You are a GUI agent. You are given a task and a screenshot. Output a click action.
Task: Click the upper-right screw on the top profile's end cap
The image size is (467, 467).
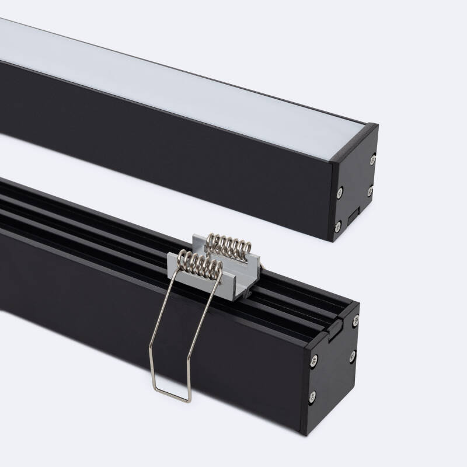point(372,156)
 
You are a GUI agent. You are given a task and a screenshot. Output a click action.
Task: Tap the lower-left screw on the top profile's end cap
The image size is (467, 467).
point(337,224)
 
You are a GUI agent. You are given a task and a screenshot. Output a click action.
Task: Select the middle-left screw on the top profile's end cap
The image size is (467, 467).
point(339,189)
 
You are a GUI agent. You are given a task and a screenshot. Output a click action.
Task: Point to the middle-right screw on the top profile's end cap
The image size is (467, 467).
point(370,190)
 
